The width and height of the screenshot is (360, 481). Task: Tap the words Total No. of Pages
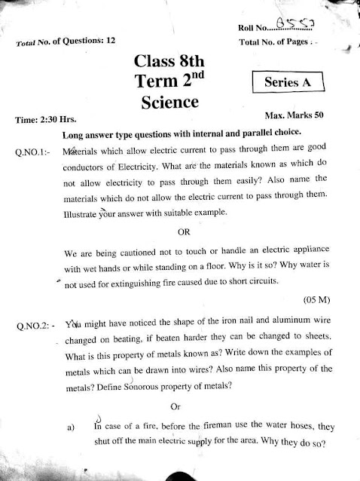273,41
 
